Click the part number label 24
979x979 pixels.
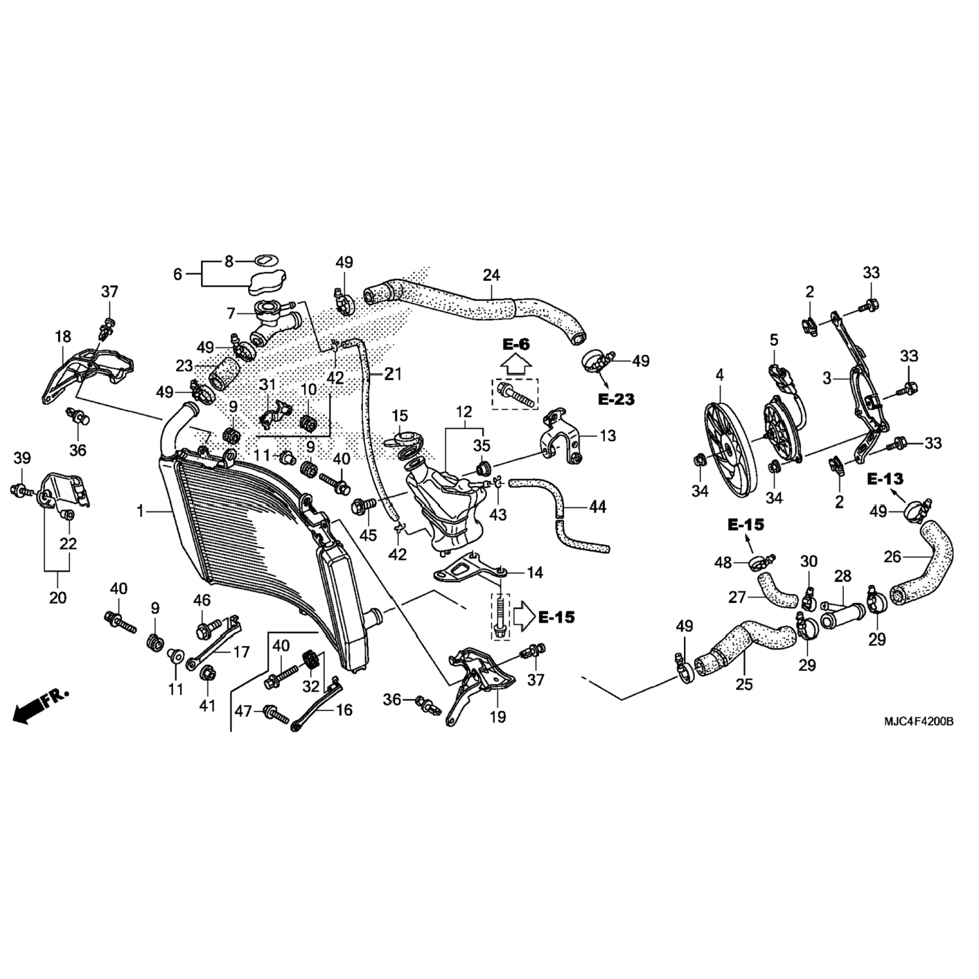tap(491, 275)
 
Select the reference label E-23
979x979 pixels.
tap(616, 399)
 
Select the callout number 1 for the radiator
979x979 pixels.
tap(140, 512)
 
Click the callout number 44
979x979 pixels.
tap(597, 506)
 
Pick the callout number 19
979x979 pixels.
tap(498, 717)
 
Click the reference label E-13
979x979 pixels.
tap(886, 479)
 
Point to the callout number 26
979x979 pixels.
tap(892, 557)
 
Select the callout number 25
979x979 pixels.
tap(744, 685)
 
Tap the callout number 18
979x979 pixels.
tap(63, 337)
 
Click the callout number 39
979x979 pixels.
tap(22, 458)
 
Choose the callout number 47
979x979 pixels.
tap(243, 711)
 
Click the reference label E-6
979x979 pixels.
tap(516, 344)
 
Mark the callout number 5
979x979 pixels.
tap(774, 339)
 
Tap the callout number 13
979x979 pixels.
tap(608, 436)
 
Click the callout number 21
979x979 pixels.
tap(393, 374)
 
